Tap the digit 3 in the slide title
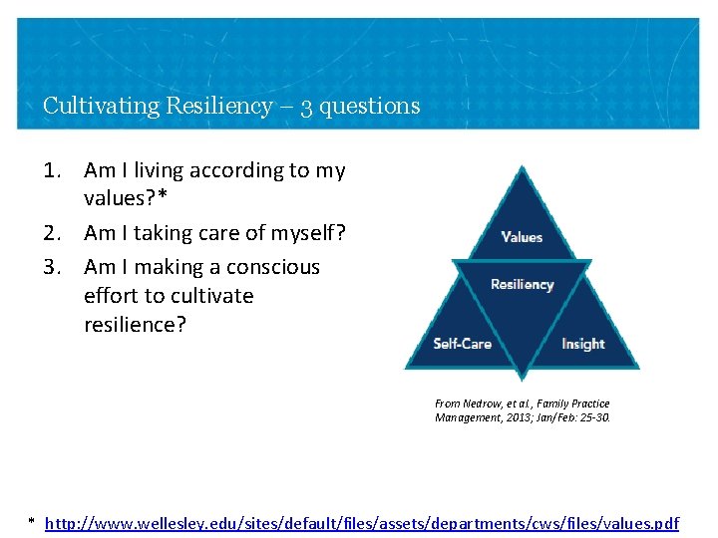307,107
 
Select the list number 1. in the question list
55,170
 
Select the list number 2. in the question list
55,233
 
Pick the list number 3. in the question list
55,267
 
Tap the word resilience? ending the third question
135,325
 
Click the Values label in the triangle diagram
522,237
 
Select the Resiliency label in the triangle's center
522,285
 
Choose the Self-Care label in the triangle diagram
462,344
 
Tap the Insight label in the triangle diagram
582,344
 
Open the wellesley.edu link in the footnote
362,522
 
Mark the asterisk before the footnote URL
32,522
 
